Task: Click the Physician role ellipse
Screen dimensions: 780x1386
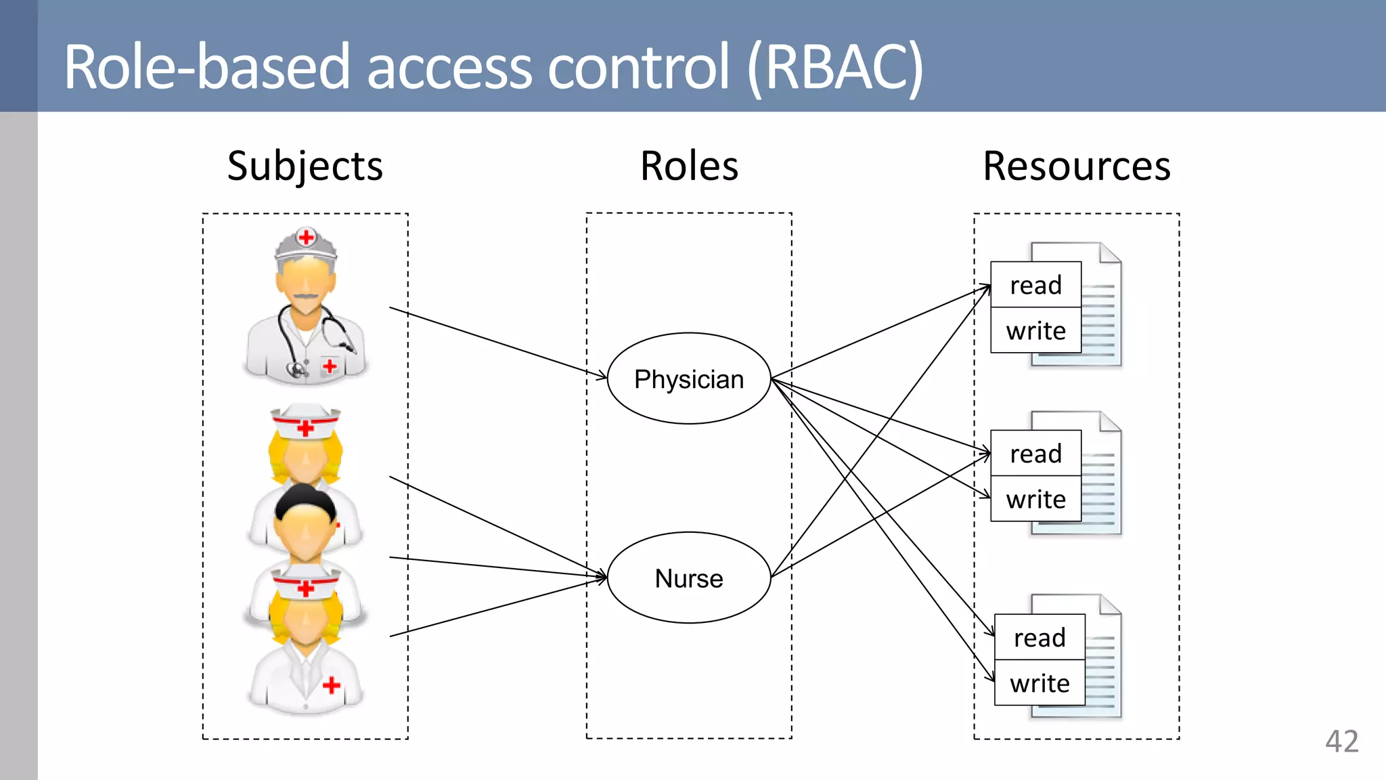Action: click(689, 378)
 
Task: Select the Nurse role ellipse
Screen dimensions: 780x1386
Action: click(689, 578)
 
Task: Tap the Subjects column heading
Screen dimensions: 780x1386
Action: click(305, 167)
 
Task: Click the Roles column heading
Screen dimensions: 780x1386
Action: click(689, 167)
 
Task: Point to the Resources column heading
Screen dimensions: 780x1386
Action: click(1076, 167)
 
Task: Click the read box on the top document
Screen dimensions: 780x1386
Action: click(1035, 285)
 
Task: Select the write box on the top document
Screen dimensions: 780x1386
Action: click(1035, 330)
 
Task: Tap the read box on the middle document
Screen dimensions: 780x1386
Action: click(1035, 454)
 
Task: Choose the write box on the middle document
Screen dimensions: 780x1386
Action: click(1035, 499)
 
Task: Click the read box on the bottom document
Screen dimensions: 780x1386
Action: click(1039, 637)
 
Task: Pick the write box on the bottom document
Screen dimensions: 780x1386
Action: click(1039, 683)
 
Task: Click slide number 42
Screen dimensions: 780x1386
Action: click(1341, 741)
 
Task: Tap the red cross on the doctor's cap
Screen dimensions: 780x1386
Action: click(307, 237)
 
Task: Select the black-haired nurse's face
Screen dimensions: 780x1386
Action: click(305, 532)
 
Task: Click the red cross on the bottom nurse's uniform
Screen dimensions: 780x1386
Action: click(331, 685)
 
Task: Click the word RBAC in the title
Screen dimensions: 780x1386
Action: click(835, 68)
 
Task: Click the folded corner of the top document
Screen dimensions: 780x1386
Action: click(1110, 253)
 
